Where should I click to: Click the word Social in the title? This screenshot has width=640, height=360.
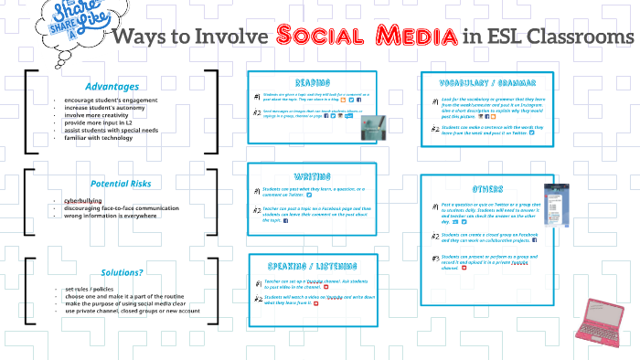321,37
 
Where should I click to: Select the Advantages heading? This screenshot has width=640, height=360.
112,86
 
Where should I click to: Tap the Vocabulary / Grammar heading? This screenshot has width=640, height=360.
488,80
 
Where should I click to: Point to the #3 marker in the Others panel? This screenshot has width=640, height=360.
436,259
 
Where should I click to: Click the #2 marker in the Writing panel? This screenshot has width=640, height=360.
258,211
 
